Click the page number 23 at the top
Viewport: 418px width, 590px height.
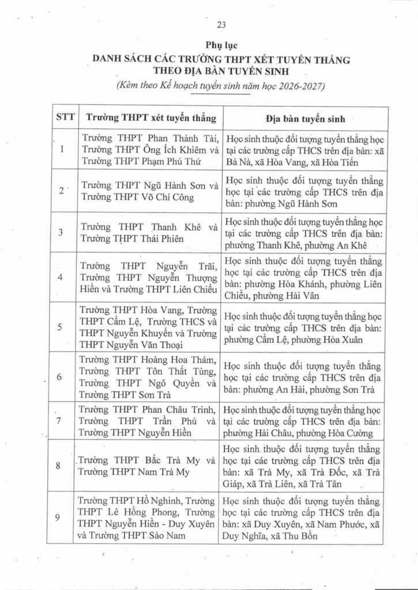[x=221, y=24]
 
